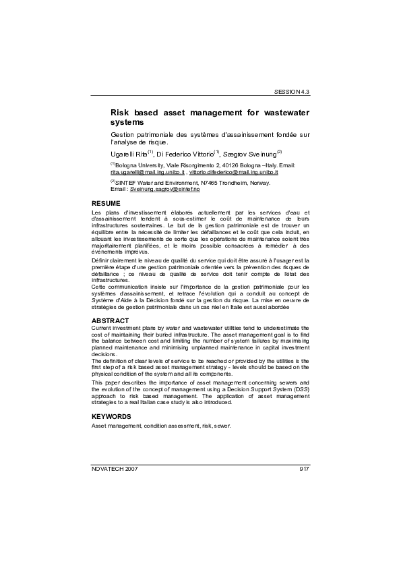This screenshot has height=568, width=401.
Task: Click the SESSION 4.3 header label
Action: click(x=291, y=91)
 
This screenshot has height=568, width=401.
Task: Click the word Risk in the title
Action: click(x=121, y=111)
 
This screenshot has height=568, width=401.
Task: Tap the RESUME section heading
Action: click(x=106, y=203)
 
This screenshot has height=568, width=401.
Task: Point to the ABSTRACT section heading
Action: click(x=110, y=319)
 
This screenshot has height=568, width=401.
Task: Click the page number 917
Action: click(x=303, y=467)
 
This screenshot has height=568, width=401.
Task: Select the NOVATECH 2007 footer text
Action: click(x=114, y=467)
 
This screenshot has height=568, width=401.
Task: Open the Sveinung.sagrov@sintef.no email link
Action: click(x=156, y=190)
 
